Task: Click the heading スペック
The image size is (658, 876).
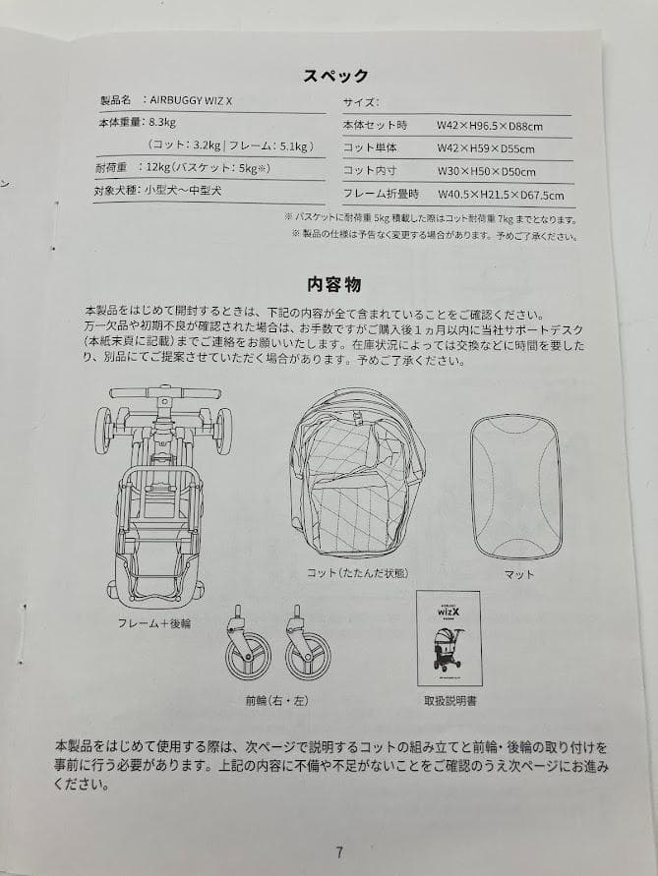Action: pos(335,76)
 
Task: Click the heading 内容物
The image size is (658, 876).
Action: pos(333,285)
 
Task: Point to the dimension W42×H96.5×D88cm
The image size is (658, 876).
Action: pos(491,126)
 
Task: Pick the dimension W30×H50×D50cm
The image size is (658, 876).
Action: pos(486,172)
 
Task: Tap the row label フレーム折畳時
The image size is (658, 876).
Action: pos(381,195)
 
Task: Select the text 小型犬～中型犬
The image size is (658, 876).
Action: pos(183,190)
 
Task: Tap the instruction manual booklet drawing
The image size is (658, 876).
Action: pos(449,638)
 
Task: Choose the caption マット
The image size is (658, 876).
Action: pos(518,574)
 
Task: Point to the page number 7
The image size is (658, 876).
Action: pos(339,852)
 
